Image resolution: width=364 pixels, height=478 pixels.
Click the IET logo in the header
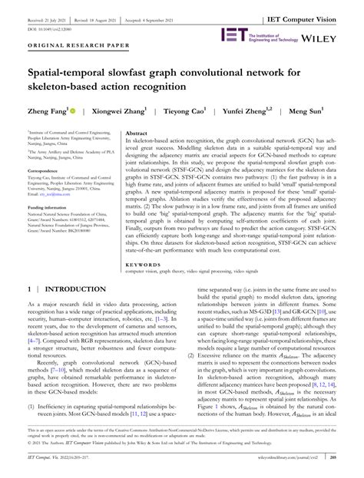[233, 34]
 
